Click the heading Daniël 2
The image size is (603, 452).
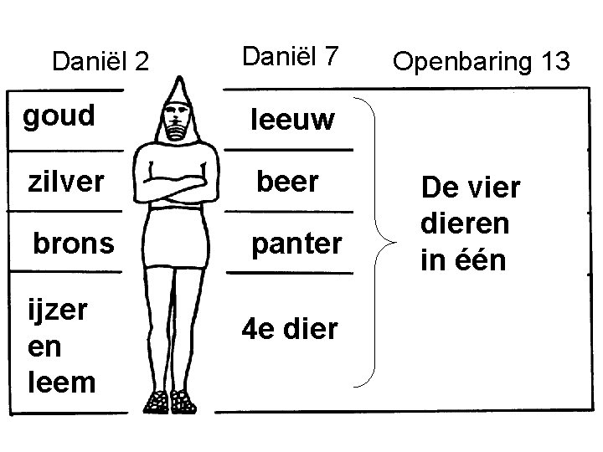pos(100,61)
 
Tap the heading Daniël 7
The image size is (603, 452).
pos(291,57)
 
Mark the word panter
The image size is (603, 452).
pos(297,244)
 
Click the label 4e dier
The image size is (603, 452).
pos(289,329)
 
